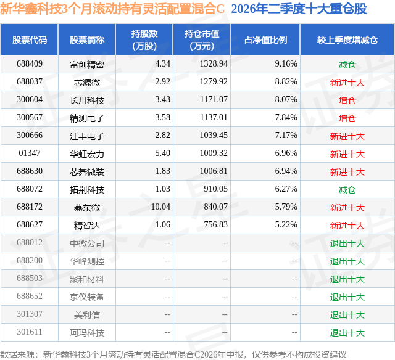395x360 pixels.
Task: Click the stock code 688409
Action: [30, 64]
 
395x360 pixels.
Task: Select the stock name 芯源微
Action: [87, 82]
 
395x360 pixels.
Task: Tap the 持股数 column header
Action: [144, 39]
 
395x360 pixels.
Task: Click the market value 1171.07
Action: [214, 100]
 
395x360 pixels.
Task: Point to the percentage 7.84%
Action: [286, 118]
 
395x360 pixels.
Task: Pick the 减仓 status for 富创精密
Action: [347, 65]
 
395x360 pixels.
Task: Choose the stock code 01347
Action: [30, 153]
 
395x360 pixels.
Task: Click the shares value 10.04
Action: [160, 207]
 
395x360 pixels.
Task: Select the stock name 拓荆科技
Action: [87, 189]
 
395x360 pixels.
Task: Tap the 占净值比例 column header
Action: [265, 40]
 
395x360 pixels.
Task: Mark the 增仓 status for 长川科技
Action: [347, 100]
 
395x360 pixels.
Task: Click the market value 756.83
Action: [215, 224]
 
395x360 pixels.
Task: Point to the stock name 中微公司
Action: [87, 243]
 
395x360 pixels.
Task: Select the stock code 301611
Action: [30, 332]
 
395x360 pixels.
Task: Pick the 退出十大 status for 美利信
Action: [347, 315]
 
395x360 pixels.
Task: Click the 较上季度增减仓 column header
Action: [347, 40]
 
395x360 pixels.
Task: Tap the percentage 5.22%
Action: [286, 224]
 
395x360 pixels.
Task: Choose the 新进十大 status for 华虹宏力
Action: [347, 154]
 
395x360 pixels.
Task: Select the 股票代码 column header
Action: [30, 40]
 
